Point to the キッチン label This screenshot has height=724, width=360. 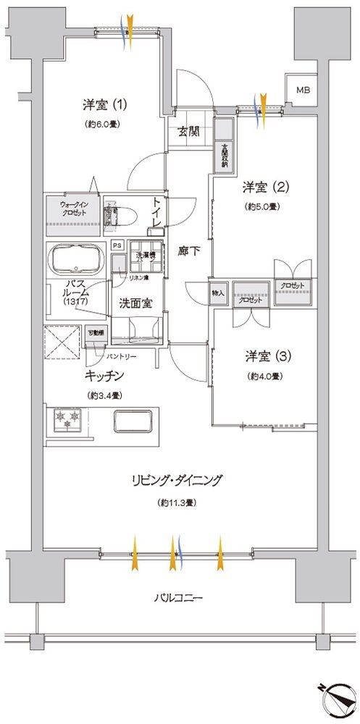click(106, 376)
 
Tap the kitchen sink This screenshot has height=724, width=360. click(134, 420)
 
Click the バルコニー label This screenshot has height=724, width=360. click(178, 598)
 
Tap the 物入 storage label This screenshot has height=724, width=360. click(219, 293)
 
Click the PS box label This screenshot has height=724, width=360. click(117, 245)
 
